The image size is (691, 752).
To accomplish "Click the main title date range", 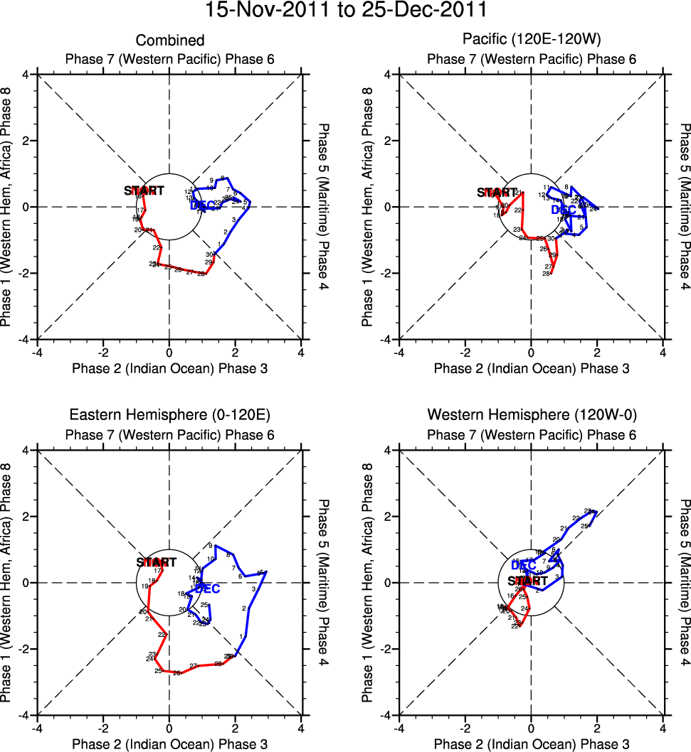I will [x=345, y=11].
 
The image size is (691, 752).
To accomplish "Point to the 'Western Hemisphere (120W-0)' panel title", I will [x=531, y=416].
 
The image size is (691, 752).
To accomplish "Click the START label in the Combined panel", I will [x=144, y=190].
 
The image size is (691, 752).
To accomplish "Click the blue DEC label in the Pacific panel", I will [x=564, y=210].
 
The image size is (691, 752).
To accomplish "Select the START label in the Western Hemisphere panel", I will [x=527, y=581].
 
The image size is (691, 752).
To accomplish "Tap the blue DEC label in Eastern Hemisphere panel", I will [x=207, y=589].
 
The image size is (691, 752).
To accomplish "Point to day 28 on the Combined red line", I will [x=201, y=274].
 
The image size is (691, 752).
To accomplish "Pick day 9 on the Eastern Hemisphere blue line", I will [x=210, y=545].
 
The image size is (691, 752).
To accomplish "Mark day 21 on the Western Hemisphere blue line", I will [x=564, y=528].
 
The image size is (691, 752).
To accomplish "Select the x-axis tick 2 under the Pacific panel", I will [x=597, y=352].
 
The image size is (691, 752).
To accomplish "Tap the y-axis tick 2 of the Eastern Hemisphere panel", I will [x=24, y=517].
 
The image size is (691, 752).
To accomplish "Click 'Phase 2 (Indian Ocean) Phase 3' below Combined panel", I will [x=169, y=368].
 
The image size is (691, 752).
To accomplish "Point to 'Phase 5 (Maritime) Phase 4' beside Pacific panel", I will [x=685, y=206].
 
